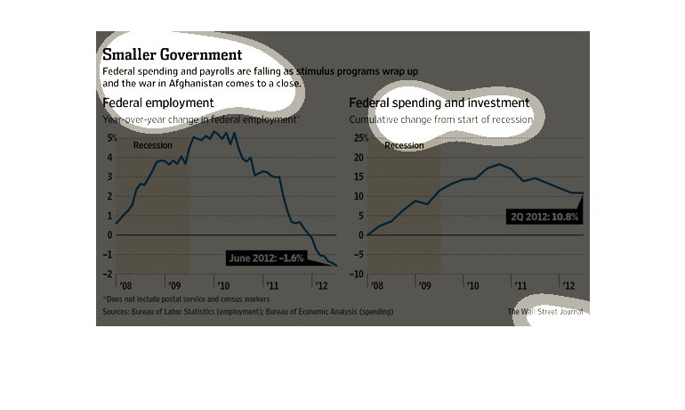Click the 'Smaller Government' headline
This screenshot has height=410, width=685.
pyautogui.click(x=173, y=54)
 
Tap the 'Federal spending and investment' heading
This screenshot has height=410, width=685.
pyautogui.click(x=439, y=103)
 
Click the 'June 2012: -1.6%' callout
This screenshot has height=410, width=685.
pyautogui.click(x=266, y=258)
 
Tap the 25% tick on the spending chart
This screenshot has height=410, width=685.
pyautogui.click(x=359, y=138)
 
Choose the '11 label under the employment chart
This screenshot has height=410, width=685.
pyautogui.click(x=272, y=286)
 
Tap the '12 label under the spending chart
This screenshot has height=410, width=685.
pyautogui.click(x=564, y=286)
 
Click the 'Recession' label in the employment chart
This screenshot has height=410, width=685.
pyautogui.click(x=152, y=145)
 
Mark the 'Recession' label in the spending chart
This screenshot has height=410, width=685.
pyautogui.click(x=404, y=145)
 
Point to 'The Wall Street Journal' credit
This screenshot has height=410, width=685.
pyautogui.click(x=547, y=312)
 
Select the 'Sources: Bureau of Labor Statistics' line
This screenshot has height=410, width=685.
pyautogui.click(x=247, y=312)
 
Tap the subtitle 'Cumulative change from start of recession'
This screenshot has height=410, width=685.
pyautogui.click(x=440, y=119)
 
